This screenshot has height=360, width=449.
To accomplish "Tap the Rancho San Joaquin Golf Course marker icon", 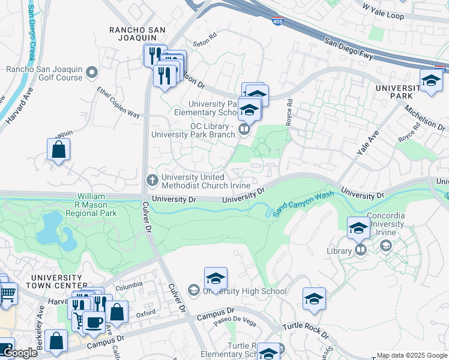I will (92, 73).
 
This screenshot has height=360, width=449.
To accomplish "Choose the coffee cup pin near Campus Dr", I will (94, 322).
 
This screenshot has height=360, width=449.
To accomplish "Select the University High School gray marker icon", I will (193, 291).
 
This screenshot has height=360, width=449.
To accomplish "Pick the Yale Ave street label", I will (368, 143).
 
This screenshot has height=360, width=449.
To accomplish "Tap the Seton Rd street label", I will (203, 44).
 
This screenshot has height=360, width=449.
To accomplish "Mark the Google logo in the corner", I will (19, 353).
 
